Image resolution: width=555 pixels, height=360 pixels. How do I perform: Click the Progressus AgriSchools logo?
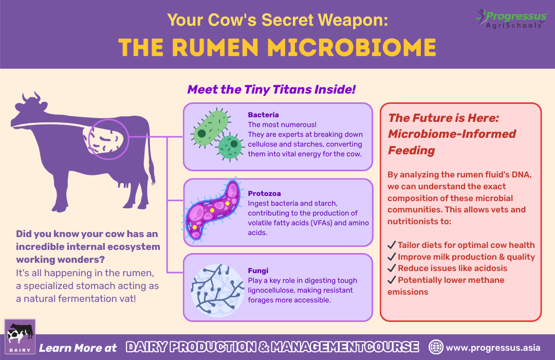(x=510, y=17)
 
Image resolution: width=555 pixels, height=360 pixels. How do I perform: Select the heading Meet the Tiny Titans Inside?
(x=271, y=89)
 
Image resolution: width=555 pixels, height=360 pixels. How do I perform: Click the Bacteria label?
(x=263, y=115)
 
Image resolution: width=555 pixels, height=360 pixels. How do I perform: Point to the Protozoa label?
(x=264, y=194)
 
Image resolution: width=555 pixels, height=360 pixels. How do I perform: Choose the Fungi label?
(x=258, y=271)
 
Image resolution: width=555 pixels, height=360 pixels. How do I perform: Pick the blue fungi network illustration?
(x=213, y=287)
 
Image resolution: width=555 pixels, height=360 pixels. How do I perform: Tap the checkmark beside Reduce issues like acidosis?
(x=392, y=268)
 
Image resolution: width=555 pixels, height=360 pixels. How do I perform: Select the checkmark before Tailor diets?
(x=392, y=245)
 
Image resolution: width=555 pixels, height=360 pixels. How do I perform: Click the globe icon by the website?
(x=436, y=347)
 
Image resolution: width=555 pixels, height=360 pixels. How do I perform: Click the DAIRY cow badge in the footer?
(x=20, y=337)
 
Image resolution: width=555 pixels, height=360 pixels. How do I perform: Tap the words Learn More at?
(x=78, y=348)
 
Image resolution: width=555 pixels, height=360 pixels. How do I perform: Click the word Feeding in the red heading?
(x=411, y=150)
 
